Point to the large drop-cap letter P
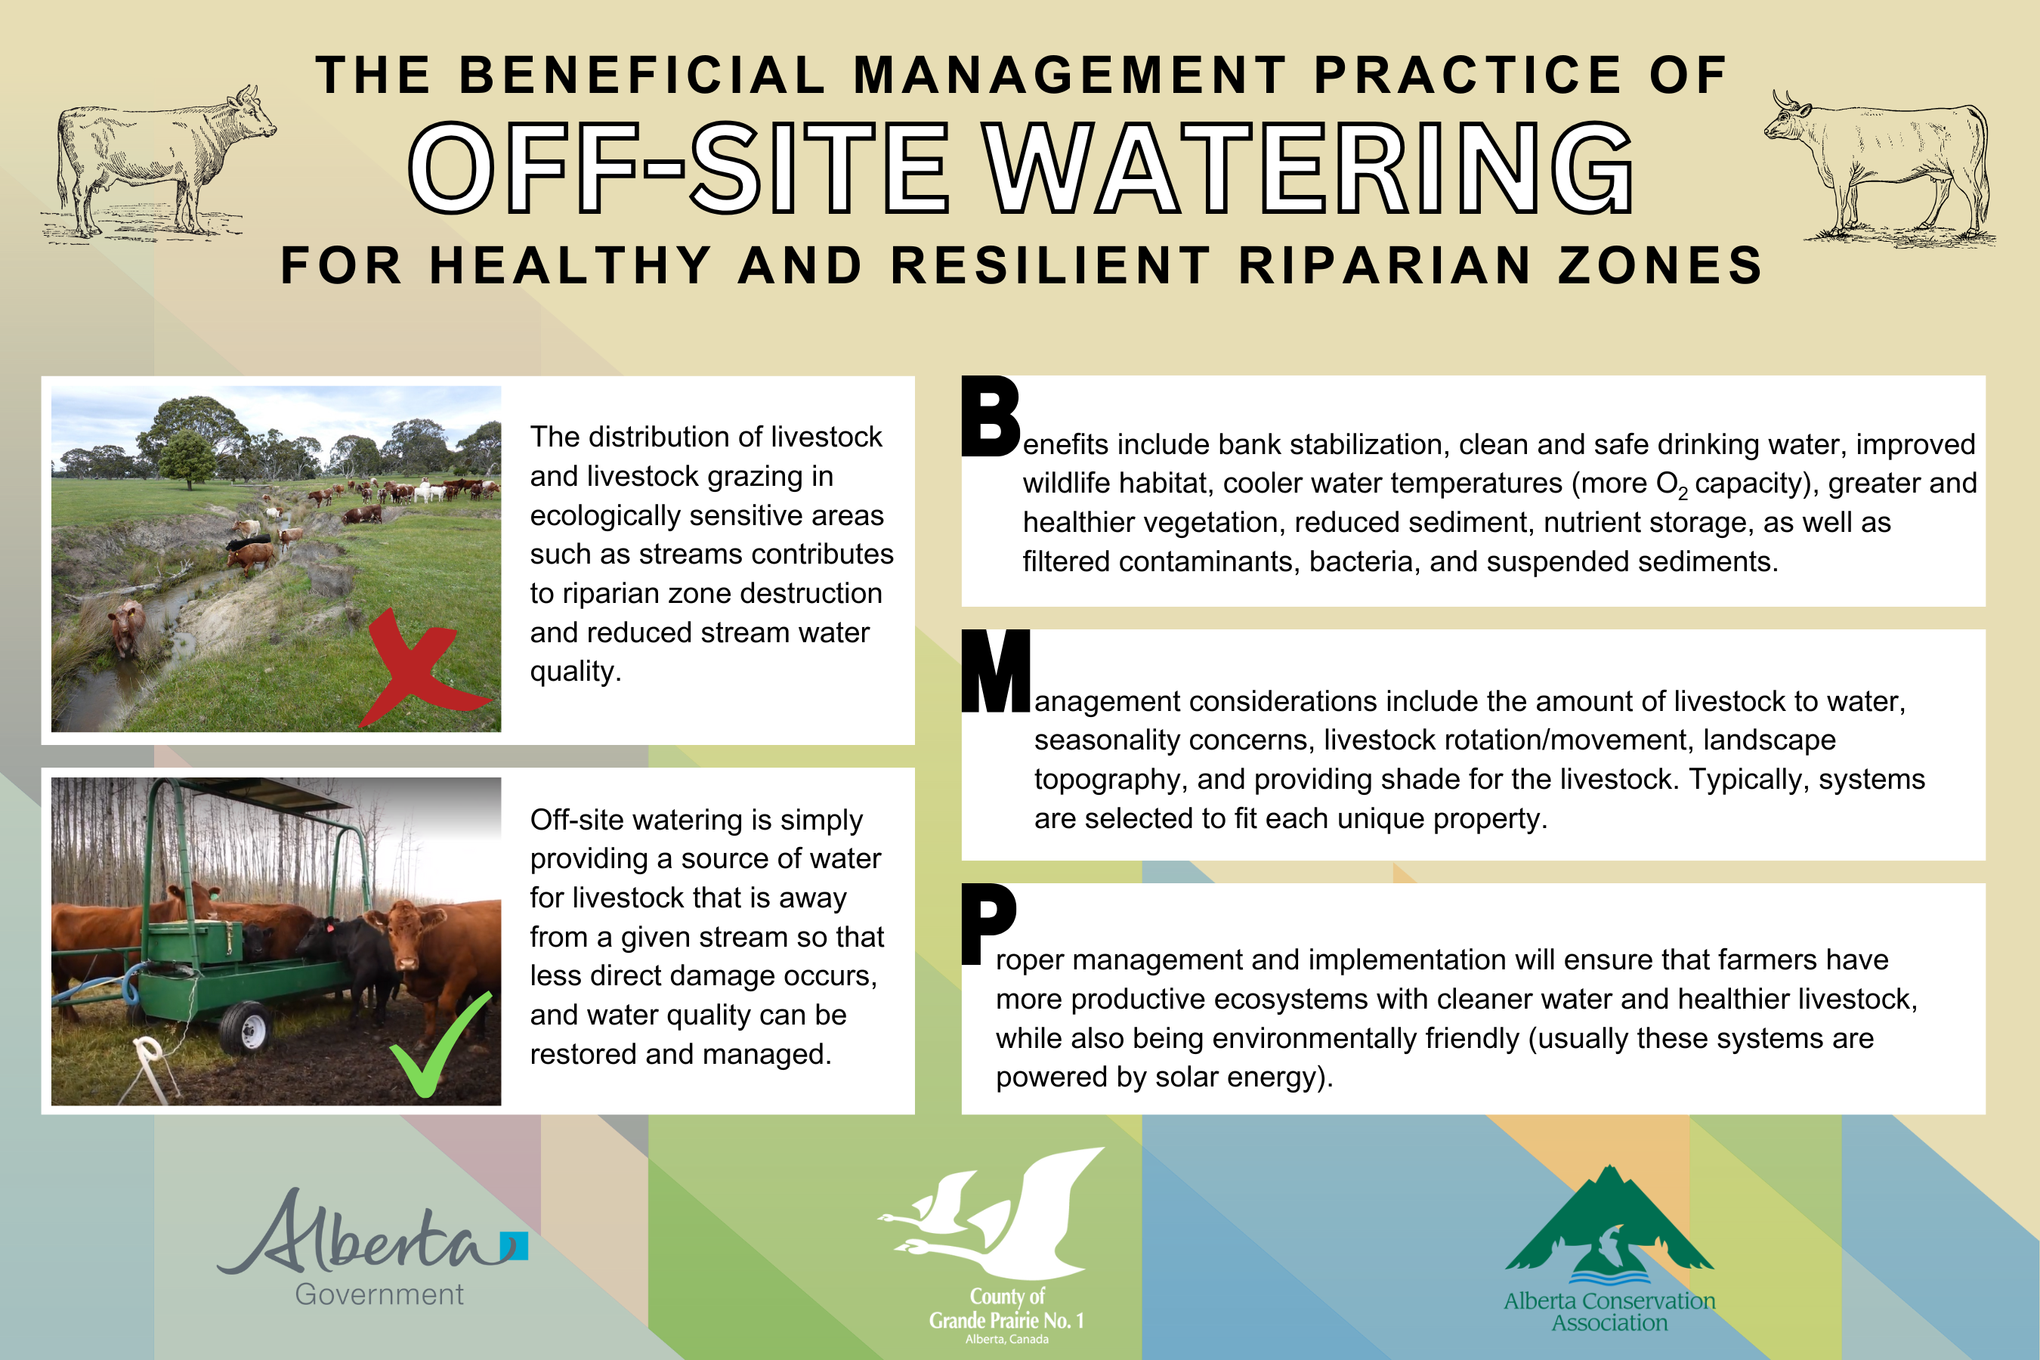coord(989,924)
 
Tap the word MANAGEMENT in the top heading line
coord(1071,75)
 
